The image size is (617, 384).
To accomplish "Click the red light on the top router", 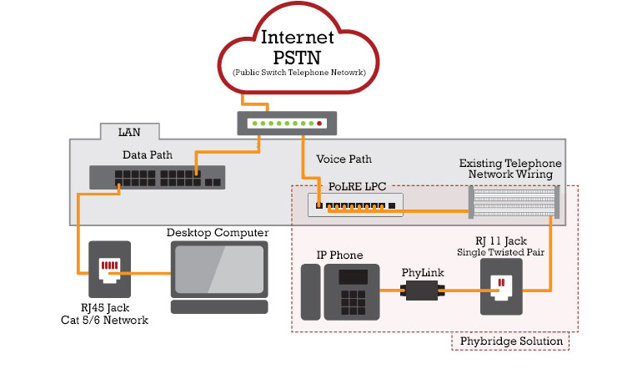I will pos(319,123).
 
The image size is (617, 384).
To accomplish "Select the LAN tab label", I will pos(129,132).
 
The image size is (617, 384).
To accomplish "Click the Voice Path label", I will pos(344,159).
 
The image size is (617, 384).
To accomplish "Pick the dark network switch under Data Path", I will pos(157,177).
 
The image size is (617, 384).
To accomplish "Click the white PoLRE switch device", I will pos(354,205).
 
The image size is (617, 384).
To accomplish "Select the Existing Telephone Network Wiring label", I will pos(510,169).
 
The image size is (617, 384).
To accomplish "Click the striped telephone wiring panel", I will pos(514,203).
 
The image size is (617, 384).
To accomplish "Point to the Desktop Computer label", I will pos(218,232).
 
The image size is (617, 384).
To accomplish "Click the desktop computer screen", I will pos(219,269).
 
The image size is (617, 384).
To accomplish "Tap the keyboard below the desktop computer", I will pos(219,307).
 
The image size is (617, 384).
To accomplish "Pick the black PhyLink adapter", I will pos(422,291).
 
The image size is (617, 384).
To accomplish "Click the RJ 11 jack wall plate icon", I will pos(501,286).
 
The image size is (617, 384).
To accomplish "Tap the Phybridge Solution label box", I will pos(509,341).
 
